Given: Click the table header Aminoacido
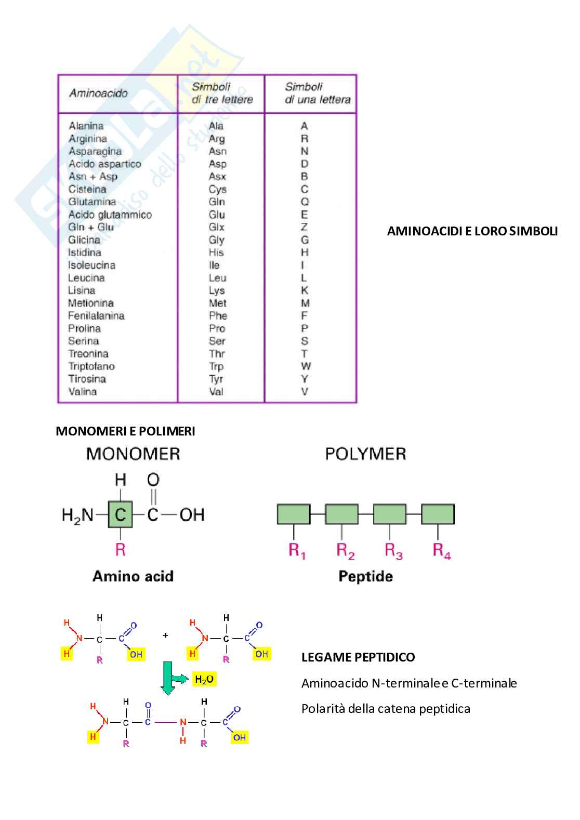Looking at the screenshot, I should (x=98, y=94).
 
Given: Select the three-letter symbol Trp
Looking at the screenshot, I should (x=216, y=366).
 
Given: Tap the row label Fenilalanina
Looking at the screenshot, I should (x=96, y=316).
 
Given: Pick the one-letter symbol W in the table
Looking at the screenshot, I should (x=306, y=366).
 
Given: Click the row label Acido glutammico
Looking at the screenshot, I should (x=110, y=215).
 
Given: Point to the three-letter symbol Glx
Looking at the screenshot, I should (x=217, y=227).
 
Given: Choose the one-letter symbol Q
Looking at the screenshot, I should (x=305, y=202).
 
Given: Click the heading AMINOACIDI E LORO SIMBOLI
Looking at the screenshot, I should (x=472, y=231).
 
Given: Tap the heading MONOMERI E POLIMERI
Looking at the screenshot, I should (x=125, y=431).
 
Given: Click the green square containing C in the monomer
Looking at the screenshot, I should (x=121, y=514).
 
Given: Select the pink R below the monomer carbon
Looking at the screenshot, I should (x=121, y=549).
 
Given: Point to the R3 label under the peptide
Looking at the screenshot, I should (x=393, y=551).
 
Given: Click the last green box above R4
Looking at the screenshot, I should (x=438, y=514).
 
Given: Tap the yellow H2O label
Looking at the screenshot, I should (x=204, y=679).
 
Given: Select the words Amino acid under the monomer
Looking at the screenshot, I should (x=133, y=576).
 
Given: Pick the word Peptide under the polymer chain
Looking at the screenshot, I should (x=365, y=576).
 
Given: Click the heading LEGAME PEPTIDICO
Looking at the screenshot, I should (x=358, y=657).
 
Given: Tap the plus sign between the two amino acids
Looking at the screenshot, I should (x=165, y=636).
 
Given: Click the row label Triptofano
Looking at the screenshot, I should (x=91, y=366).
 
